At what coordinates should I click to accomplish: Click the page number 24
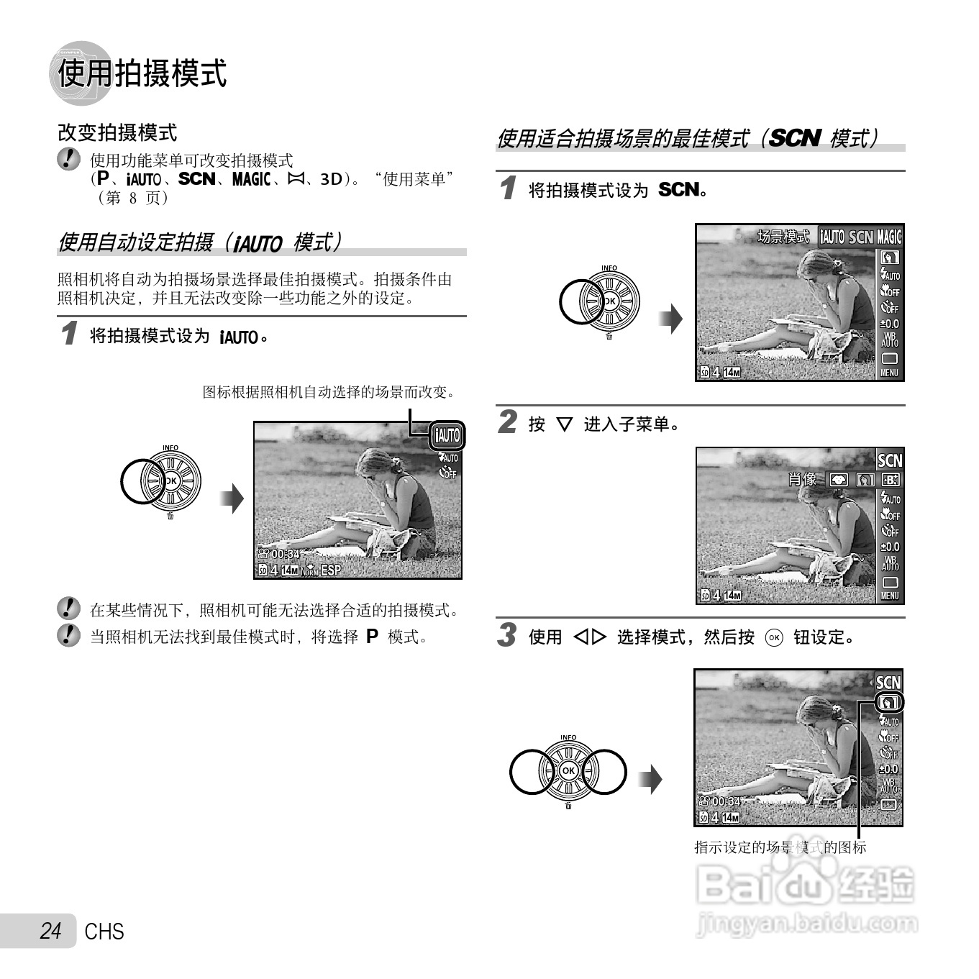pos(50,931)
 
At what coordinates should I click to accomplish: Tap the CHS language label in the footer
pos(104,932)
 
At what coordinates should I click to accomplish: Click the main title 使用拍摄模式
pos(142,73)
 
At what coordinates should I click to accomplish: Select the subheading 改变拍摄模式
pos(117,132)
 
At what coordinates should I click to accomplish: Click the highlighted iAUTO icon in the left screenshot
pos(447,435)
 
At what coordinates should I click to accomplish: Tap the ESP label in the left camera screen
pos(331,570)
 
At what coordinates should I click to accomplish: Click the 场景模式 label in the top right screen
pos(783,237)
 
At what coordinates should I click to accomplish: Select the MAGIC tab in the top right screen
pos(889,237)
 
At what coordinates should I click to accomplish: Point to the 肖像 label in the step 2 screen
pos(802,479)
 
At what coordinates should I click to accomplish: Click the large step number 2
pos(508,422)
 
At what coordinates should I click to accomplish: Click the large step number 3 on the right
pos(508,635)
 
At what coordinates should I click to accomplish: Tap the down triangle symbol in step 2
pos(565,424)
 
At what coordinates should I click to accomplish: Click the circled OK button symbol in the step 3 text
pos(774,638)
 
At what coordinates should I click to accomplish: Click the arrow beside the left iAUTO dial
pos(232,498)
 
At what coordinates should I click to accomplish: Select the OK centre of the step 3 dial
pos(568,770)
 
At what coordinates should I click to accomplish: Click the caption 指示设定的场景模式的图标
pos(780,847)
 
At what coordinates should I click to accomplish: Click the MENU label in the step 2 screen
pos(890,596)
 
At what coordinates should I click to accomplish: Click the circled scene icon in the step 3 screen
pos(889,702)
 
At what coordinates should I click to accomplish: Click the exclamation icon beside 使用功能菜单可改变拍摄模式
pos(68,159)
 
